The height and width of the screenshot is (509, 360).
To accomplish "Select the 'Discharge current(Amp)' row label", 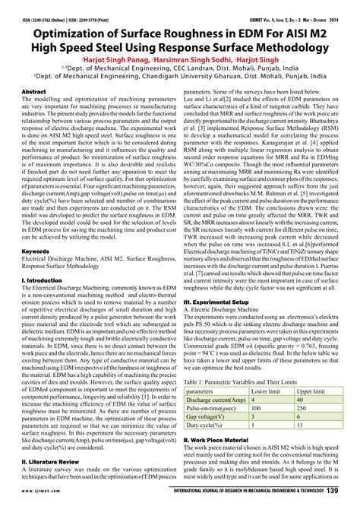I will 216,400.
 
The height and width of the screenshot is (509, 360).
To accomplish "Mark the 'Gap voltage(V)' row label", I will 205,417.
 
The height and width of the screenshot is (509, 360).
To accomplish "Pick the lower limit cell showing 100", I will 257,409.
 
